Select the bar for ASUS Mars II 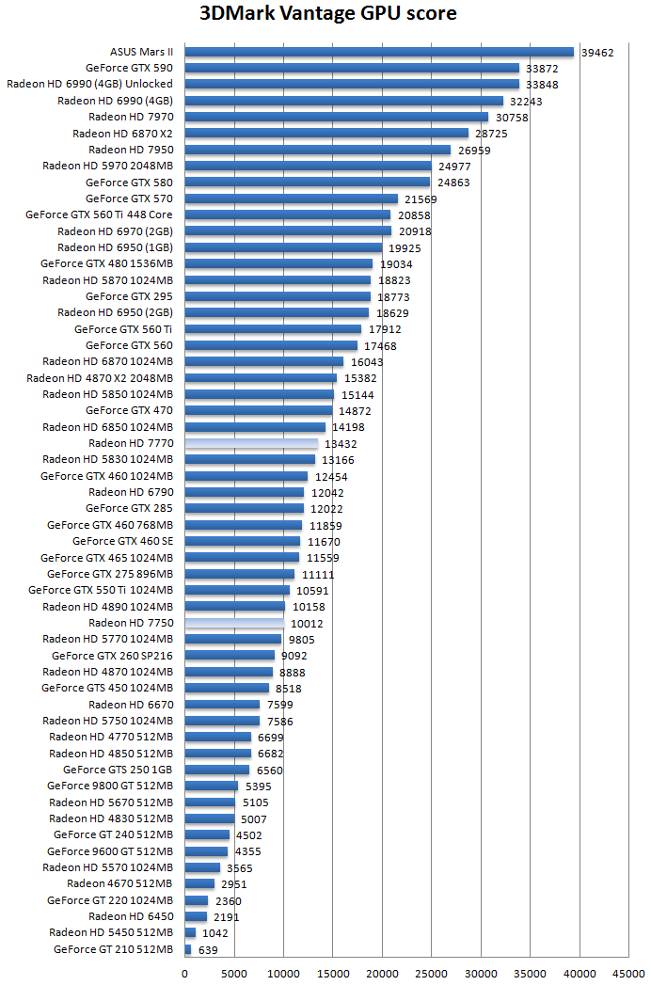pyautogui.click(x=379, y=52)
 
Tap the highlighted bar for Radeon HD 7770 pyautogui.click(x=251, y=443)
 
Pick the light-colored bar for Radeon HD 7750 pyautogui.click(x=234, y=623)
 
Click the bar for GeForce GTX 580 pyautogui.click(x=307, y=183)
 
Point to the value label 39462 pyautogui.click(x=597, y=53)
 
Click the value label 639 pyautogui.click(x=206, y=950)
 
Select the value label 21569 pyautogui.click(x=421, y=199)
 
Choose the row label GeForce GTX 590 pyautogui.click(x=129, y=68)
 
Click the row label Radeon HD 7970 pyautogui.click(x=131, y=117)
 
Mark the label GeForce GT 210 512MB pyautogui.click(x=113, y=949)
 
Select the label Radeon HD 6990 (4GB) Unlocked pyautogui.click(x=89, y=84)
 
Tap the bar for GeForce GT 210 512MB pyautogui.click(x=188, y=949)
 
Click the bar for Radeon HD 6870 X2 pyautogui.click(x=326, y=134)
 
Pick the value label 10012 pyautogui.click(x=307, y=624)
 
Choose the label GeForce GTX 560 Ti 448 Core pyautogui.click(x=99, y=214)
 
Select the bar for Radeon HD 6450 pyautogui.click(x=196, y=916)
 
